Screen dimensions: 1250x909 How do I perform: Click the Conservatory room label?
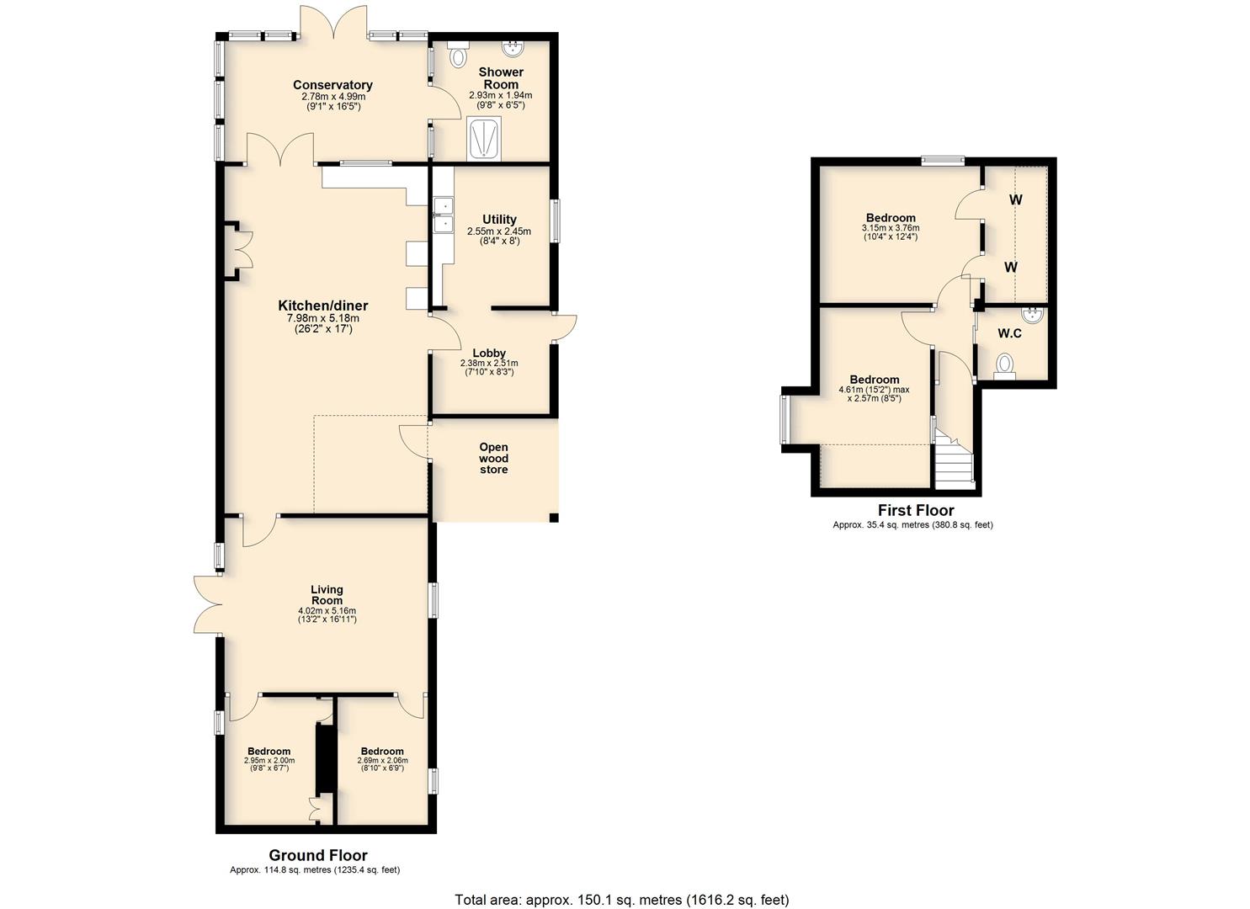pos(332,85)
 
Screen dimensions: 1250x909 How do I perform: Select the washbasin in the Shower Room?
pos(513,49)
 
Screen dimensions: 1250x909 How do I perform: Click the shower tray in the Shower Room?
pos(484,138)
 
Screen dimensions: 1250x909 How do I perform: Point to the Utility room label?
pos(499,220)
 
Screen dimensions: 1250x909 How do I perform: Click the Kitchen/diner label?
pos(323,306)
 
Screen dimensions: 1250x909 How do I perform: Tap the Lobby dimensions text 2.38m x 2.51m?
pos(489,364)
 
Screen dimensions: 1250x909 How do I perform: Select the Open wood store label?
pos(494,458)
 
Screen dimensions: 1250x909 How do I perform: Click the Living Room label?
pos(327,595)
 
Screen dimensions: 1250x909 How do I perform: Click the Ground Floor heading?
pos(318,855)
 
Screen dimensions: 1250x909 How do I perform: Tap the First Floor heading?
pos(916,511)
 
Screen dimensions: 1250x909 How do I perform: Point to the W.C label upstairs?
pos(1009,333)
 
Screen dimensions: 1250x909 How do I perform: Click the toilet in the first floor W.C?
pos(1004,367)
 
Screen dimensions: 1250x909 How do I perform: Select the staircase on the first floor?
pos(955,460)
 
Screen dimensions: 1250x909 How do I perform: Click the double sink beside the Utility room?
pos(444,215)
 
